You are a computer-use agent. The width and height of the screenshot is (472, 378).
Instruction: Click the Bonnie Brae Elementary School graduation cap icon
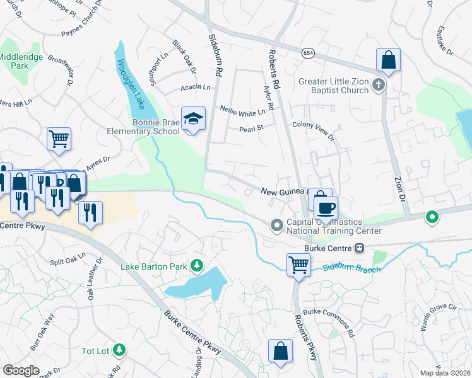point(194,118)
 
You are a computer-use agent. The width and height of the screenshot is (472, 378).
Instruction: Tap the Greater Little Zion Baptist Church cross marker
point(379,84)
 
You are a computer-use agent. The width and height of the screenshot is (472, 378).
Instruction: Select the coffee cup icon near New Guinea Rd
point(326,207)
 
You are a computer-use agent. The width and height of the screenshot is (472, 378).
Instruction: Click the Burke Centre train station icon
point(359,248)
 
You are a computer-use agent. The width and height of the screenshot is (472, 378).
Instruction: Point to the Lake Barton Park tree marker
point(198,265)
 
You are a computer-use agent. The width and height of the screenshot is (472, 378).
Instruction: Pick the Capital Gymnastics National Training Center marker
point(276,225)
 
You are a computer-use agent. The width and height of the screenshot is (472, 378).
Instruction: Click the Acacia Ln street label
point(195,88)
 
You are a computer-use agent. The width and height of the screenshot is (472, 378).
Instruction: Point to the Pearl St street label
point(250,129)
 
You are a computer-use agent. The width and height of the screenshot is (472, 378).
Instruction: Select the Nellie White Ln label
point(242,109)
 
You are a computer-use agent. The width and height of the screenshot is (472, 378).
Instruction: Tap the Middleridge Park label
point(13,60)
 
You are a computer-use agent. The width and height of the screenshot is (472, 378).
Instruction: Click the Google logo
point(21,370)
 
